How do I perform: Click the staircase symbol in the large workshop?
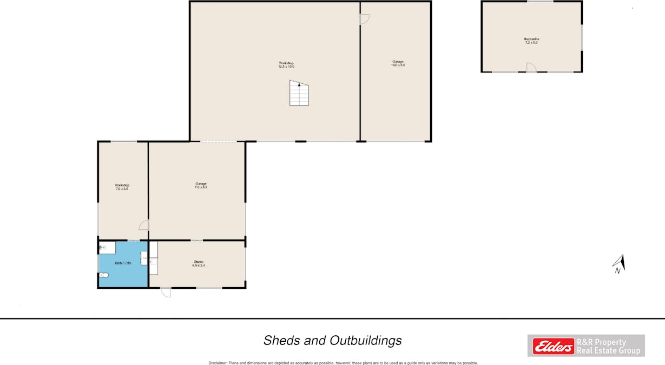point(299,93)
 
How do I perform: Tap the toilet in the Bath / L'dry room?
point(103,275)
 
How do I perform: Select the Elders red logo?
point(553,346)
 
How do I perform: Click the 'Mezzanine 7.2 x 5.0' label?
point(531,41)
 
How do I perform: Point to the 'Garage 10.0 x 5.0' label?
point(398,63)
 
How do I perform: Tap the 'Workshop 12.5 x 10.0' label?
point(286,65)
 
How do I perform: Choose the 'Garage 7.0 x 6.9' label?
point(201,185)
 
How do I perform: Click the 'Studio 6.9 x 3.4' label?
point(198,264)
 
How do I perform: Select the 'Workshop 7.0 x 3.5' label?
point(122,187)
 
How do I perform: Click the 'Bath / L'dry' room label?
point(123,263)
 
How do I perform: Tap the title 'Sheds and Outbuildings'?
point(332,340)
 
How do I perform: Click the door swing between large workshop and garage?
point(365,19)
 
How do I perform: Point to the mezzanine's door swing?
point(531,67)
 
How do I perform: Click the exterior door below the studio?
point(166,292)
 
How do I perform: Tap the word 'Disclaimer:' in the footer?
point(218,363)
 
